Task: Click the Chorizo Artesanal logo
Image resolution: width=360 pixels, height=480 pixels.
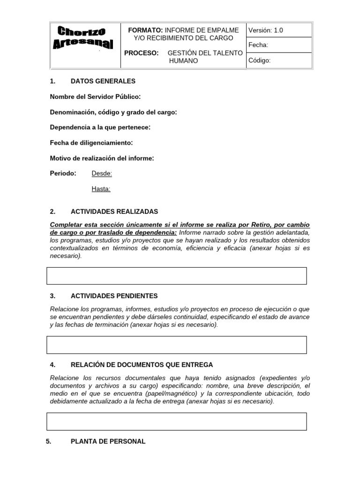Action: [85, 38]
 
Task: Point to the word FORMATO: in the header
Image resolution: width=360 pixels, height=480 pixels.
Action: [146, 30]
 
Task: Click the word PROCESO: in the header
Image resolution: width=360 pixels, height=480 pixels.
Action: [142, 53]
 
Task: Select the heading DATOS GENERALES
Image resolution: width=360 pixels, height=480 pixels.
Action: [103, 81]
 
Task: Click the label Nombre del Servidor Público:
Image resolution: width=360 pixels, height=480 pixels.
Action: [95, 97]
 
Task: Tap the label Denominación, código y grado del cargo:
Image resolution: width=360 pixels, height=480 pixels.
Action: [113, 112]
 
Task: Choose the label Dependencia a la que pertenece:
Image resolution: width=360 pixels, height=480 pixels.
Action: [100, 127]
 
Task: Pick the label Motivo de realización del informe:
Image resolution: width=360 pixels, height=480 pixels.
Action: [102, 158]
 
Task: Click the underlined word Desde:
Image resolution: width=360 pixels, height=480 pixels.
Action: [102, 173]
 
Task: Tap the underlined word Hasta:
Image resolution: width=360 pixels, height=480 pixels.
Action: [101, 189]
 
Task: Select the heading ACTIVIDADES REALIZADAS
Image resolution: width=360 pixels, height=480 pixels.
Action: [114, 211]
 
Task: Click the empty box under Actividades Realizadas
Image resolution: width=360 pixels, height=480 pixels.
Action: [176, 276]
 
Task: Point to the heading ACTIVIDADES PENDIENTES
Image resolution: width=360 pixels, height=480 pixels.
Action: [114, 296]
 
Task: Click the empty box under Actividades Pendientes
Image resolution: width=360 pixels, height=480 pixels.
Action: [176, 345]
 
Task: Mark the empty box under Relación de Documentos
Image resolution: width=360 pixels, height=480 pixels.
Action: [176, 421]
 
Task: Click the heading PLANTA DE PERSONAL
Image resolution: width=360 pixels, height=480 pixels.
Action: [108, 441]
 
